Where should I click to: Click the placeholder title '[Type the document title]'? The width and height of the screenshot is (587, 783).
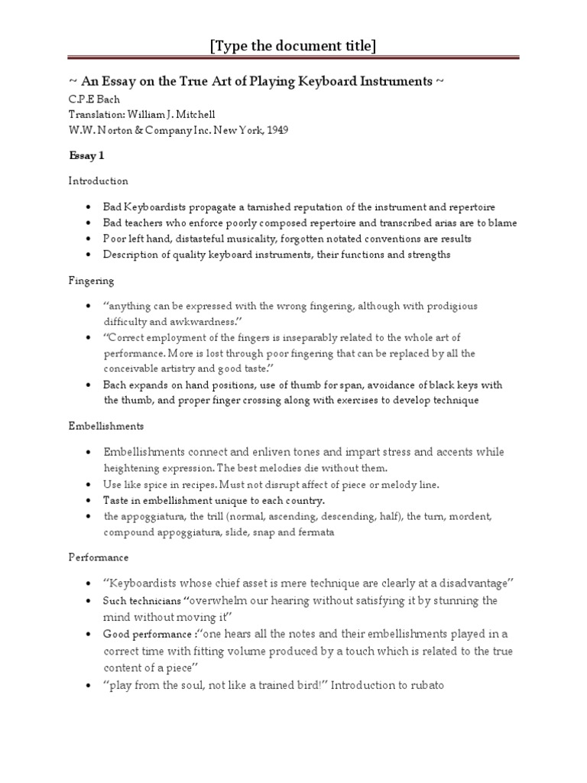pyautogui.click(x=293, y=47)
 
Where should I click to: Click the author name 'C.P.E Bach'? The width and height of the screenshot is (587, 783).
pyautogui.click(x=93, y=99)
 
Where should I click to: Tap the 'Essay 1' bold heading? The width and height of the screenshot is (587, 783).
pyautogui.click(x=86, y=156)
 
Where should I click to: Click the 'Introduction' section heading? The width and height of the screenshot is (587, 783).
pyautogui.click(x=99, y=181)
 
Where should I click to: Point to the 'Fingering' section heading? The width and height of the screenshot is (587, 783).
pyautogui.click(x=91, y=281)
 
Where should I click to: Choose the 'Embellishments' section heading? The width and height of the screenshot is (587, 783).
pyautogui.click(x=106, y=425)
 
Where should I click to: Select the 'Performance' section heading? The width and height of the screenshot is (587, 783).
pyautogui.click(x=99, y=557)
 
